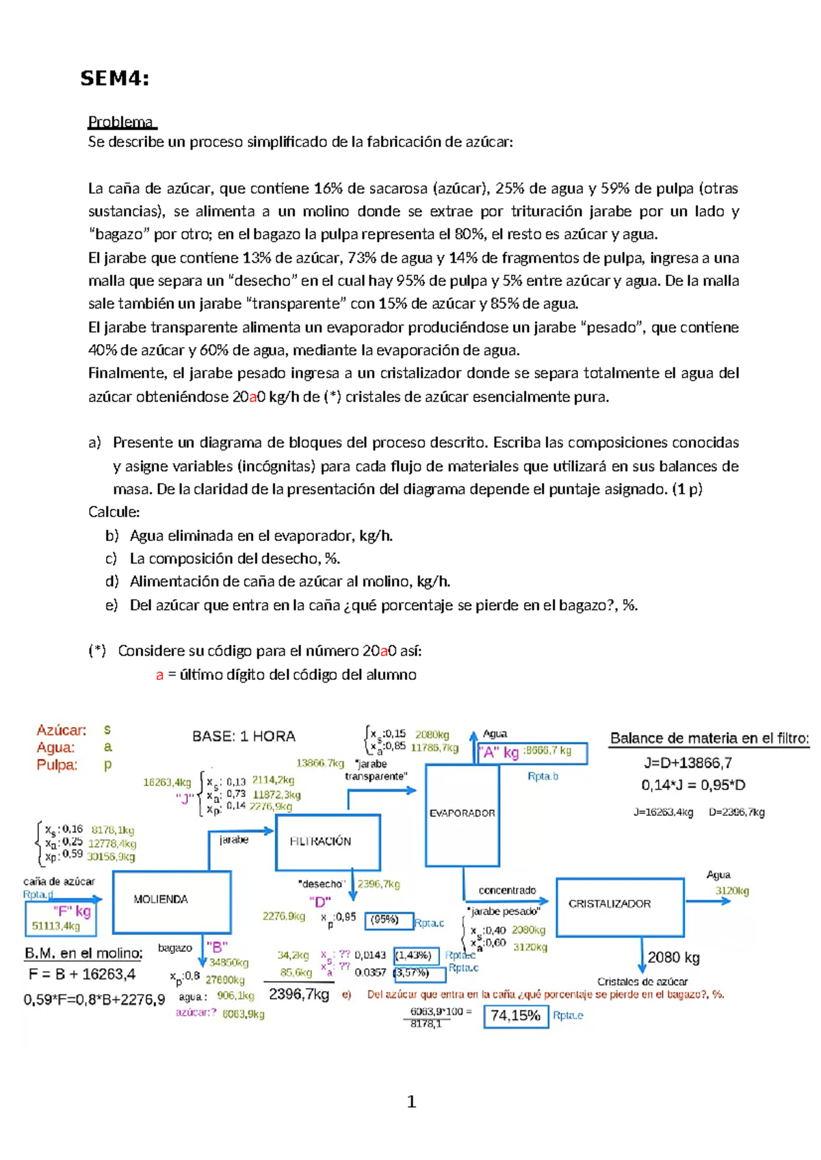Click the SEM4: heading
pyautogui.click(x=114, y=79)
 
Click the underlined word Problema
pyautogui.click(x=121, y=122)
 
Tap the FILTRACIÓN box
pyautogui.click(x=327, y=842)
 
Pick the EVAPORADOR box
pyautogui.click(x=462, y=814)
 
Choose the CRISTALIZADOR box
pyautogui.click(x=619, y=906)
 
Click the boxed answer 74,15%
pyautogui.click(x=515, y=1016)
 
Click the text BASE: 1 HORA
pyautogui.click(x=244, y=737)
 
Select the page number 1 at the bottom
pyautogui.click(x=411, y=1101)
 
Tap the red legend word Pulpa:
pyautogui.click(x=57, y=765)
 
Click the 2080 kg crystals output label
pyautogui.click(x=673, y=958)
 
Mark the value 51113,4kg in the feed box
pyautogui.click(x=56, y=926)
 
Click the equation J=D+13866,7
pyautogui.click(x=688, y=763)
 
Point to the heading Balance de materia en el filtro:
pyautogui.click(x=709, y=739)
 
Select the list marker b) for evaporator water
pyautogui.click(x=112, y=536)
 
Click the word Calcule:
pyautogui.click(x=114, y=512)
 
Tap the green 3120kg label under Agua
pyautogui.click(x=731, y=891)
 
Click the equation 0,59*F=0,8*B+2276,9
pyautogui.click(x=94, y=1000)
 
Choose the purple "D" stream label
pyautogui.click(x=320, y=902)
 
